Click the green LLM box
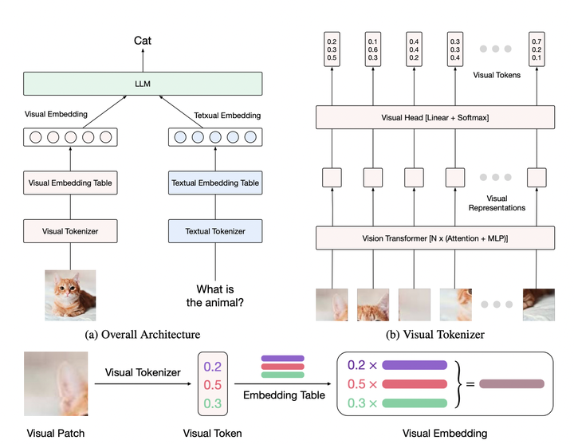[143, 83]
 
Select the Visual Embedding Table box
[71, 183]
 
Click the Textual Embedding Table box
[215, 183]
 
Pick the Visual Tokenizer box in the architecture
[71, 231]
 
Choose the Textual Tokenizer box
[215, 231]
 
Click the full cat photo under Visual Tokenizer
[71, 292]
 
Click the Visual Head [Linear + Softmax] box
[434, 118]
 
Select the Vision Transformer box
[434, 237]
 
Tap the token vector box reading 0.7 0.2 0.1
[538, 50]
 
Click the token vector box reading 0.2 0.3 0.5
[331, 50]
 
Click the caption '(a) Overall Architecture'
[142, 335]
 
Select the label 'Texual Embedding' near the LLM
[227, 114]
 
